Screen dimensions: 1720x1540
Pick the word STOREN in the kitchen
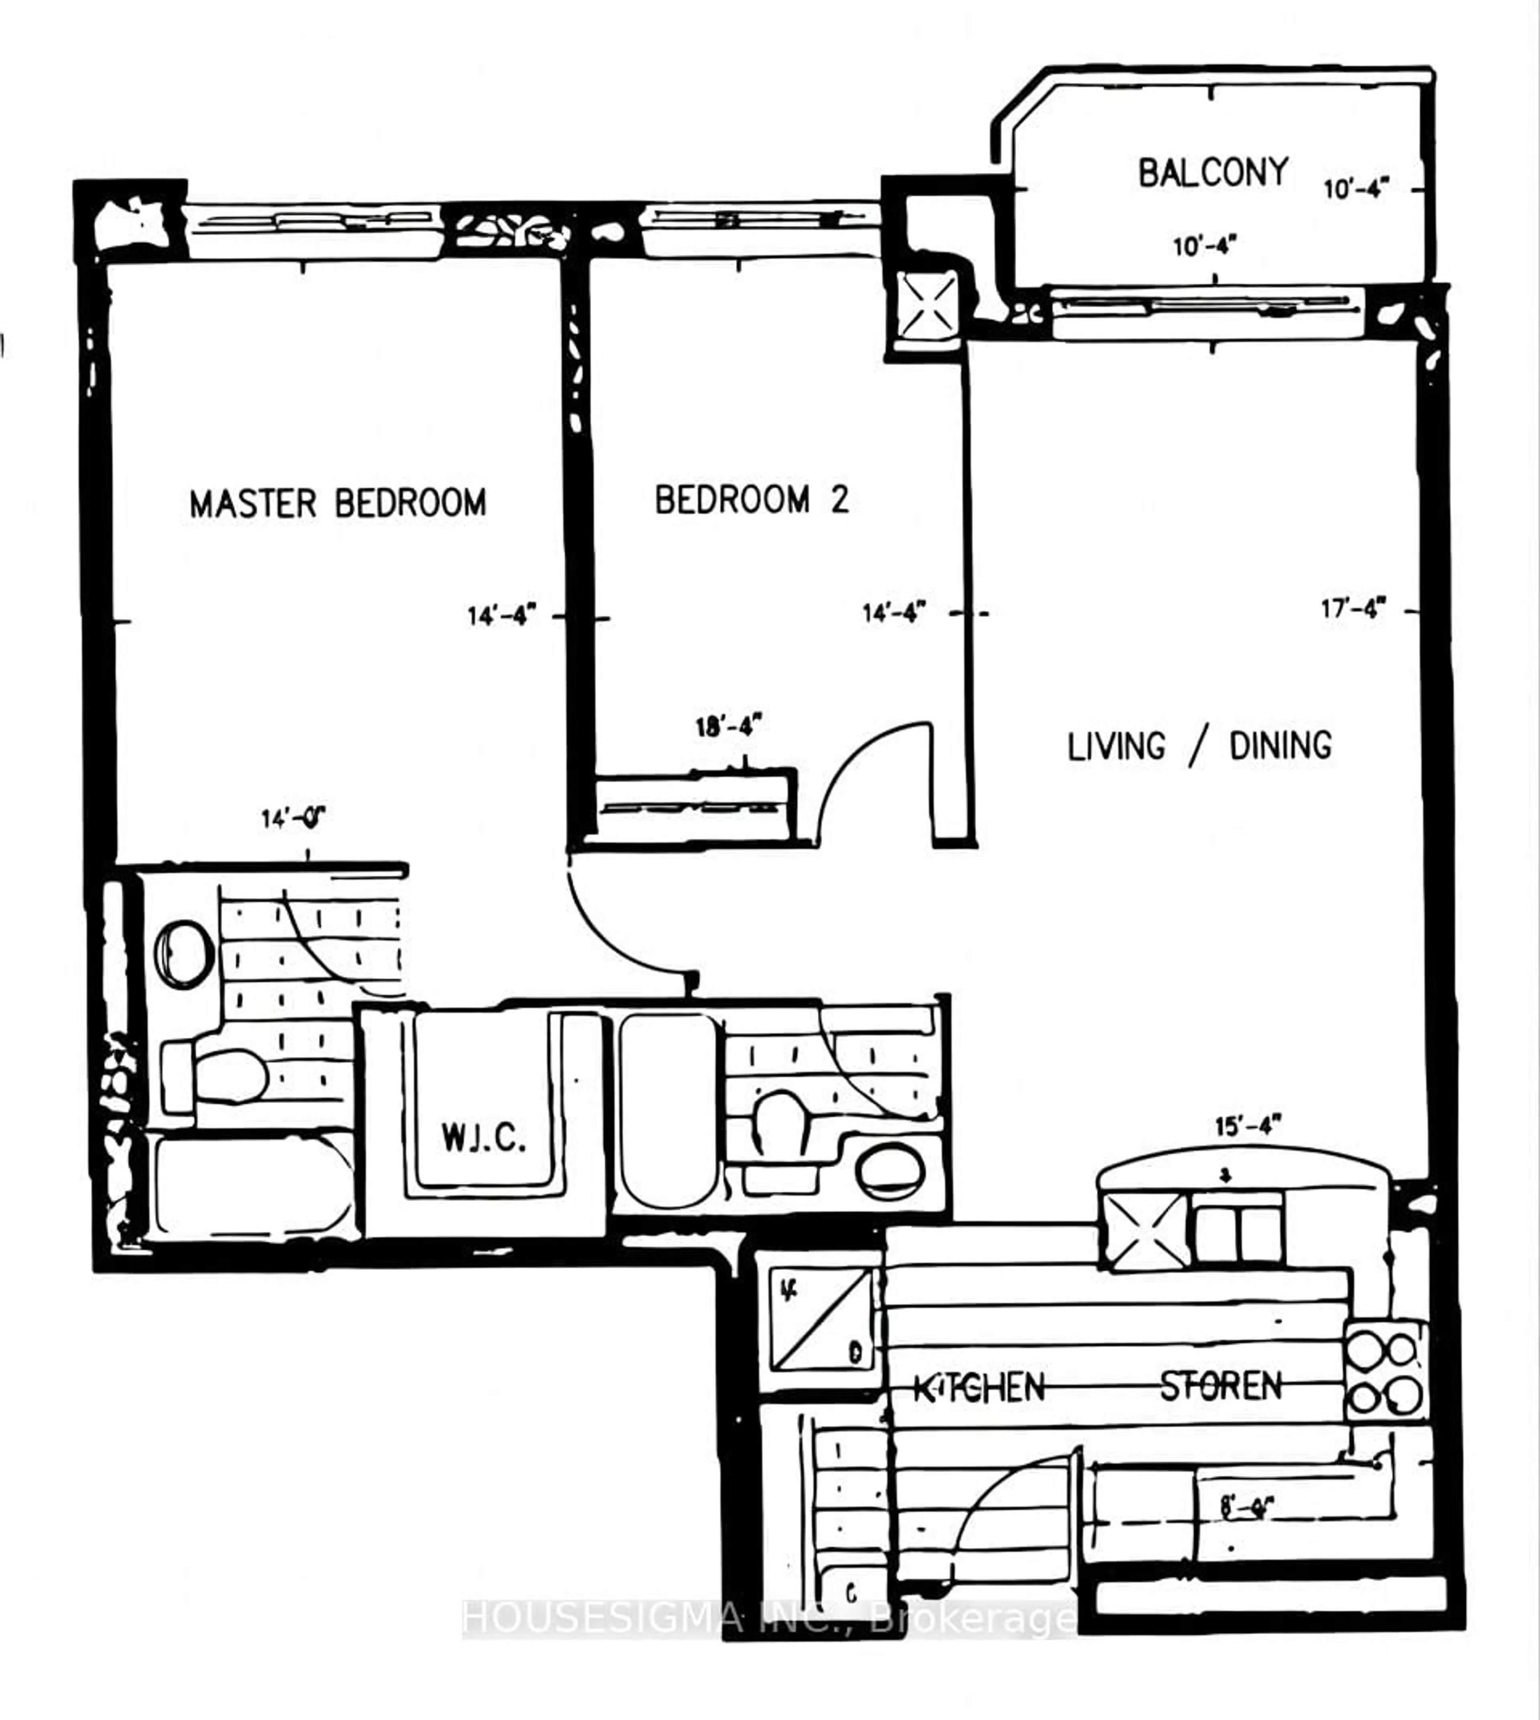1220,1385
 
